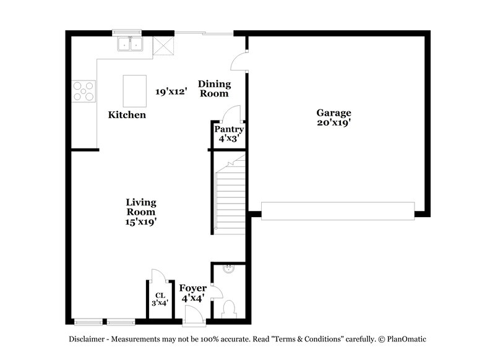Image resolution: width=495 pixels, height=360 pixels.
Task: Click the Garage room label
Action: tap(334, 113)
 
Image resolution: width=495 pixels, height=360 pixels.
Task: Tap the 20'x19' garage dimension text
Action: tap(334, 122)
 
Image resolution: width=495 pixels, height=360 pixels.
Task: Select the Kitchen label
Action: tap(127, 114)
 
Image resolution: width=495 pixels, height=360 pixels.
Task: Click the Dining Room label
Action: tap(214, 88)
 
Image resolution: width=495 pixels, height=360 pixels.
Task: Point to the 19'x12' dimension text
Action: tap(170, 92)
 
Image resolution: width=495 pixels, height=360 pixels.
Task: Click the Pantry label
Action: tap(229, 129)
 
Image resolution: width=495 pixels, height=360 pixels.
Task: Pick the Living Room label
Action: tap(141, 207)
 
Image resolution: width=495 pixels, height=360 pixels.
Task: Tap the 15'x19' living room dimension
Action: tap(141, 221)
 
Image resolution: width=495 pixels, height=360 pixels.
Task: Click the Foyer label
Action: tap(192, 288)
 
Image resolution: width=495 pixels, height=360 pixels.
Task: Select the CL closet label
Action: tap(160, 296)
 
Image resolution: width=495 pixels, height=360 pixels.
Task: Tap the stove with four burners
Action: tap(84, 91)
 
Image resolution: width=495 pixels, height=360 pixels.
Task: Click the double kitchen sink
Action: tap(131, 44)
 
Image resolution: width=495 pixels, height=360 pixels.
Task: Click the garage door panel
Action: tap(337, 210)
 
